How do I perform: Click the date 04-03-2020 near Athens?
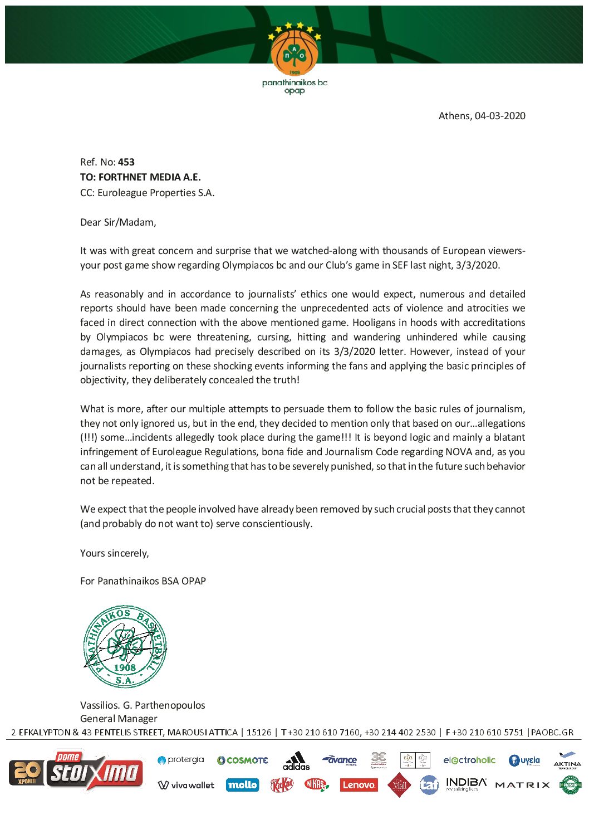500,116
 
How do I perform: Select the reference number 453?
126,162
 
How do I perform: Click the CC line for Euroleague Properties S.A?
147,193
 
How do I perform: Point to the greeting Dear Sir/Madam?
118,222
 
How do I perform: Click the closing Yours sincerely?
114,553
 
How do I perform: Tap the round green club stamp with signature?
125,647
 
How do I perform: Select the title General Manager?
119,719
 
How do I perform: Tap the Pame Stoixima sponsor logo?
76,771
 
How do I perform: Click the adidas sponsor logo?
296,761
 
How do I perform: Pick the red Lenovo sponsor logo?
358,785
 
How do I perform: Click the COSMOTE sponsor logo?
243,760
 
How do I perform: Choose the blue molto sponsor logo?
243,785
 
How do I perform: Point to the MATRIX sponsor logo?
522,785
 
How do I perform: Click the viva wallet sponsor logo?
186,785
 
